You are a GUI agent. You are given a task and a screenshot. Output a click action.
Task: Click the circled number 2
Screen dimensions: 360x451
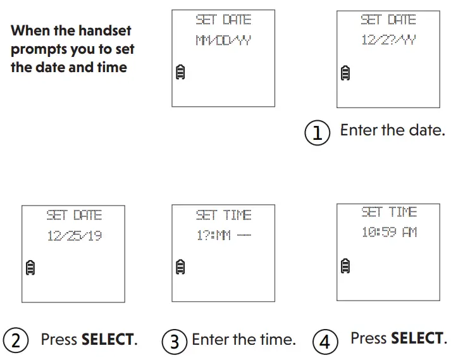(x=16, y=340)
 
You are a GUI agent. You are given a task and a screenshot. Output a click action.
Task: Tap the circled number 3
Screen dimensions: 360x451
(x=175, y=341)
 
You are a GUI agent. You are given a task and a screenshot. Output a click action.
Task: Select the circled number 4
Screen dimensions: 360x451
(x=325, y=341)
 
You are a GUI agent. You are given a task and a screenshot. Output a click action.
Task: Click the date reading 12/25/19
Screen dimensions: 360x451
(x=74, y=236)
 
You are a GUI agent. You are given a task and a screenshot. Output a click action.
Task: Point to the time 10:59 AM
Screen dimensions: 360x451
(x=389, y=232)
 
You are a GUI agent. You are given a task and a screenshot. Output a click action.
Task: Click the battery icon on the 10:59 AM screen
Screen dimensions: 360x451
(x=345, y=264)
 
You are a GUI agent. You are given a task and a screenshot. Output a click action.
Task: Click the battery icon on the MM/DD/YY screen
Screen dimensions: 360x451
(x=180, y=74)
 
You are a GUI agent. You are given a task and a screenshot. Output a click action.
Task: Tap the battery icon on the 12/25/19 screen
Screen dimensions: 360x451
(x=30, y=267)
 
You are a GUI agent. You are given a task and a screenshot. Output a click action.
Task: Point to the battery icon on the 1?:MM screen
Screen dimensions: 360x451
(x=180, y=267)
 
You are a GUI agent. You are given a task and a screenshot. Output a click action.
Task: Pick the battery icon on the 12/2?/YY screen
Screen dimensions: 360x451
(x=345, y=73)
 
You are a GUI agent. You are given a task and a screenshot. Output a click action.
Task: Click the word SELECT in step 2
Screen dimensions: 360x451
(x=108, y=340)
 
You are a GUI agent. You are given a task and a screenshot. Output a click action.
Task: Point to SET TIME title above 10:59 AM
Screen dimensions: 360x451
(x=389, y=212)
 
